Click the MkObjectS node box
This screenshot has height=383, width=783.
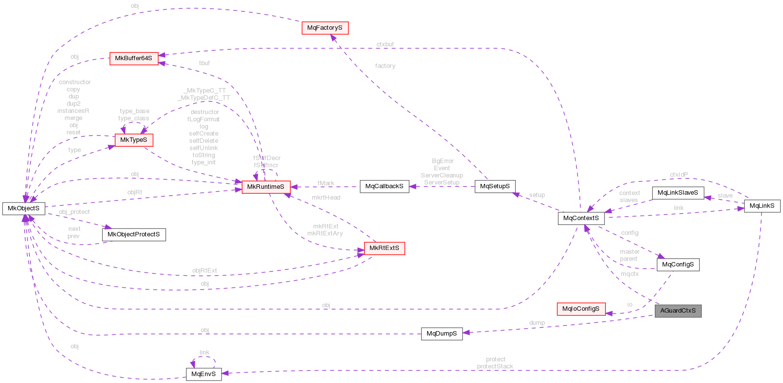pyautogui.click(x=23, y=208)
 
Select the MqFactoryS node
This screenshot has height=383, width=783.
pyautogui.click(x=325, y=28)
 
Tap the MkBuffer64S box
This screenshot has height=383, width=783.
pyautogui.click(x=134, y=58)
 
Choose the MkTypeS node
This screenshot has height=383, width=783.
pyautogui.click(x=134, y=140)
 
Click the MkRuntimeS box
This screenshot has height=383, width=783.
pyautogui.click(x=266, y=187)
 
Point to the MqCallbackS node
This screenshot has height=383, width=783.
pyautogui.click(x=384, y=186)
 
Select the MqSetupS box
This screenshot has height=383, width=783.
pyautogui.click(x=495, y=186)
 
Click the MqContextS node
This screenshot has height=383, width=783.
pyautogui.click(x=581, y=218)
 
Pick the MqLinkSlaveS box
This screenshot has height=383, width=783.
pyautogui.click(x=678, y=193)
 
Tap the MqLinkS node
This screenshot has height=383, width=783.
pyautogui.click(x=762, y=206)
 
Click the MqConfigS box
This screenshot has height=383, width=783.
pyautogui.click(x=678, y=265)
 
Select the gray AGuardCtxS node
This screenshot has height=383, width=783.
pyautogui.click(x=678, y=311)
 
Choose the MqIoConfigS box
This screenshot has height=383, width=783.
pyautogui.click(x=581, y=309)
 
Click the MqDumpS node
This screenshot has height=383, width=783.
pyautogui.click(x=442, y=334)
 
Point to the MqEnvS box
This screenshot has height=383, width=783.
pyautogui.click(x=204, y=374)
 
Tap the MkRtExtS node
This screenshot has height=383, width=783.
pyautogui.click(x=384, y=248)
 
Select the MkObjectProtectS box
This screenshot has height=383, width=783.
pyautogui.click(x=134, y=234)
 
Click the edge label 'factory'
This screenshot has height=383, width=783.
pyautogui.click(x=385, y=66)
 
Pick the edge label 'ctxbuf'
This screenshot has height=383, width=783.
pyautogui.click(x=385, y=45)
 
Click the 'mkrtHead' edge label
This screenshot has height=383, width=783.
pyautogui.click(x=326, y=198)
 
